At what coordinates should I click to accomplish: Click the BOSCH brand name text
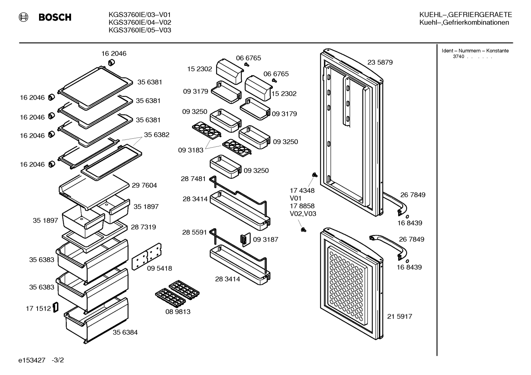pyautogui.click(x=55, y=17)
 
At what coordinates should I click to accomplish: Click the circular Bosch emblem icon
pyautogui.click(x=24, y=17)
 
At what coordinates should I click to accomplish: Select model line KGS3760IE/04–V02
pyautogui.click(x=140, y=22)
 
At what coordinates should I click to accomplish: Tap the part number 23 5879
pyautogui.click(x=380, y=62)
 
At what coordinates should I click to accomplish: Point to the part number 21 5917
pyautogui.click(x=400, y=316)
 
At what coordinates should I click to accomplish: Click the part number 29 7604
pyautogui.click(x=144, y=185)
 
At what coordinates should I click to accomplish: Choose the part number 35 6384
pyautogui.click(x=125, y=332)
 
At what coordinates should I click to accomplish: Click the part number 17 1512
pyautogui.click(x=38, y=308)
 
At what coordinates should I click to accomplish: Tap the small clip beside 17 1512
pyautogui.click(x=56, y=307)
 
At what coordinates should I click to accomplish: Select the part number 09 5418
pyautogui.click(x=159, y=268)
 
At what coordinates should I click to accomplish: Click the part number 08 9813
pyautogui.click(x=178, y=311)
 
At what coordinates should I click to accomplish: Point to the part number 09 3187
pyautogui.click(x=265, y=240)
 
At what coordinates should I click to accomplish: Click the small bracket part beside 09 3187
pyautogui.click(x=245, y=239)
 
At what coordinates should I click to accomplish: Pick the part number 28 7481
pyautogui.click(x=193, y=179)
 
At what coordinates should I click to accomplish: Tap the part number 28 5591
pyautogui.click(x=194, y=232)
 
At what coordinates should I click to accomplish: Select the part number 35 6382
pyautogui.click(x=157, y=135)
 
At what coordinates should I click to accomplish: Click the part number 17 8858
pyautogui.click(x=302, y=206)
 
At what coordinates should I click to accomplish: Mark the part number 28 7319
pyautogui.click(x=143, y=227)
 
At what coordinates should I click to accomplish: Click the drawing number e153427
pyautogui.click(x=32, y=360)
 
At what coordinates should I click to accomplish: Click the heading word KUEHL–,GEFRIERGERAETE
pyautogui.click(x=466, y=15)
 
